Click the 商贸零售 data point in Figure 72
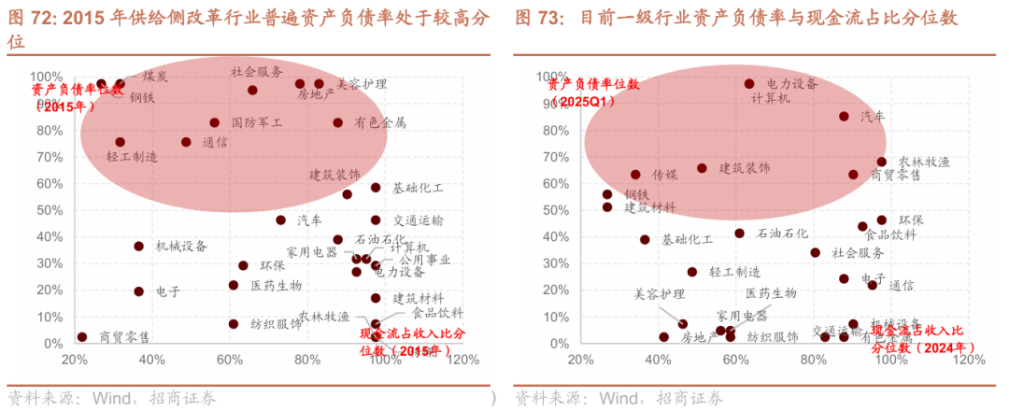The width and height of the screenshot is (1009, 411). (x=82, y=337)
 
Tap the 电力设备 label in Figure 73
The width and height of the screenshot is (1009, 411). (x=792, y=84)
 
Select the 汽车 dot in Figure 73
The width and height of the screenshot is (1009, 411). (x=844, y=117)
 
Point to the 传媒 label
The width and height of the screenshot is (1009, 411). (x=664, y=175)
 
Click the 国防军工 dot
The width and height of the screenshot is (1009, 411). (x=215, y=122)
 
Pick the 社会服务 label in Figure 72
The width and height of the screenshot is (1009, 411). (x=257, y=72)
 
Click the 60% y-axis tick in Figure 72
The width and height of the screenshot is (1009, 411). (x=46, y=184)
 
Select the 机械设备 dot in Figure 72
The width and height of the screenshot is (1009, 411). (x=139, y=247)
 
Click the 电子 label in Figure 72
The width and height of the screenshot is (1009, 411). (x=168, y=291)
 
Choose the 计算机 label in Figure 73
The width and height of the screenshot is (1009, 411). (x=771, y=98)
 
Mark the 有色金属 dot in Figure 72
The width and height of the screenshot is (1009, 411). (x=338, y=122)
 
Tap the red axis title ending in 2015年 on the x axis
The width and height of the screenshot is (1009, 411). (x=412, y=342)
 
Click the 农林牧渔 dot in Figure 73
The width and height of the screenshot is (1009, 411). (x=881, y=162)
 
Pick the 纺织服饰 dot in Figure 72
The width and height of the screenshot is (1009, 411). (x=234, y=324)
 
